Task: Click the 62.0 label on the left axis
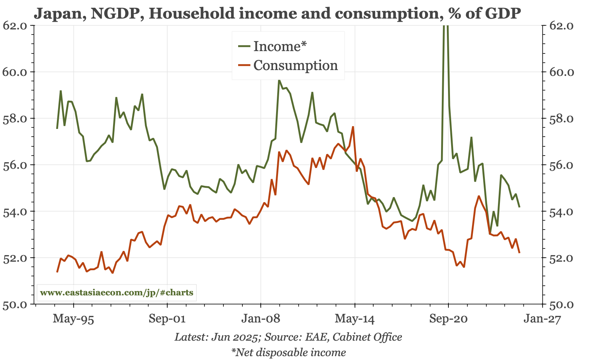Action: tap(15, 26)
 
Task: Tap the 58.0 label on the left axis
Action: tap(15, 118)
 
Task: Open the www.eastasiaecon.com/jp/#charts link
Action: tap(117, 292)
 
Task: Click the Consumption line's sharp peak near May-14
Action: tap(353, 127)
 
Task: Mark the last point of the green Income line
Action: tap(519, 207)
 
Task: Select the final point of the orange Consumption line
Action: tap(519, 253)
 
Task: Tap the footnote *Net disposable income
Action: tap(288, 352)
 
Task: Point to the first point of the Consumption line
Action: tap(57, 272)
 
